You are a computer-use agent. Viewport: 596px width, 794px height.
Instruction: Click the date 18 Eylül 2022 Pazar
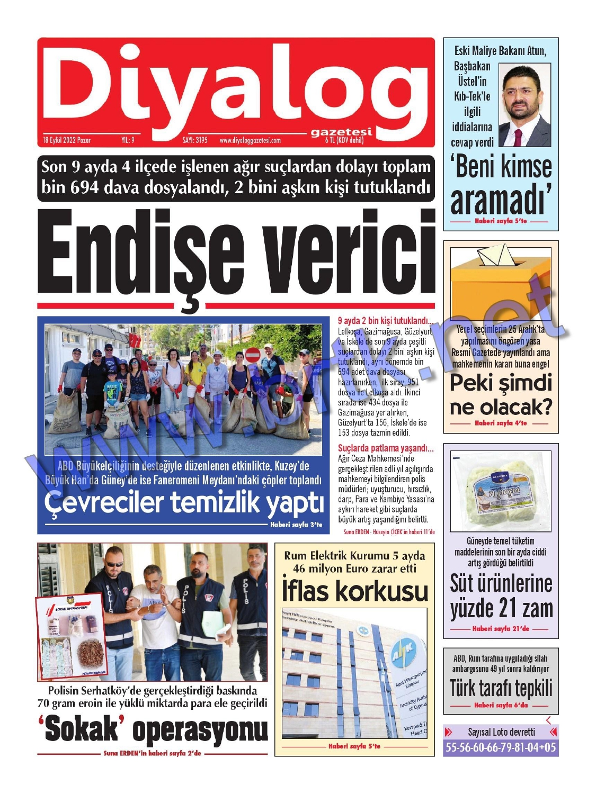[67, 140]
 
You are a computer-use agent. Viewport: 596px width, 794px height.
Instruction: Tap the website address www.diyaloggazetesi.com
[250, 141]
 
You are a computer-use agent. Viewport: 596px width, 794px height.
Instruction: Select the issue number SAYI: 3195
[195, 140]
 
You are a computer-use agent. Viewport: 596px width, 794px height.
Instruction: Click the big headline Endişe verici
[236, 253]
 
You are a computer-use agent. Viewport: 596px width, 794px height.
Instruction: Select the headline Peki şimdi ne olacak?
[501, 395]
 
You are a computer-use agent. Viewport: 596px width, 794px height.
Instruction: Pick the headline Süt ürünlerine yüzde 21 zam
[501, 595]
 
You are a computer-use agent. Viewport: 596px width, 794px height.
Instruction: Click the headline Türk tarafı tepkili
[501, 688]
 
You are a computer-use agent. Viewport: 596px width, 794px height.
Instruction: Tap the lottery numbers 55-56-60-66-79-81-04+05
[501, 747]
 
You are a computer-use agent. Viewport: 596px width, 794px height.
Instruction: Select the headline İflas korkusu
[354, 591]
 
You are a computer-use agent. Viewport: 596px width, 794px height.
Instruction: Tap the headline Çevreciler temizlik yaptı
[183, 502]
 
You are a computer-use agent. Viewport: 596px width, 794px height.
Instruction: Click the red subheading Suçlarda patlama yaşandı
[385, 448]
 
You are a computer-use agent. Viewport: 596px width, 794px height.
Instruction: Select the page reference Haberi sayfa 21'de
[501, 629]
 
